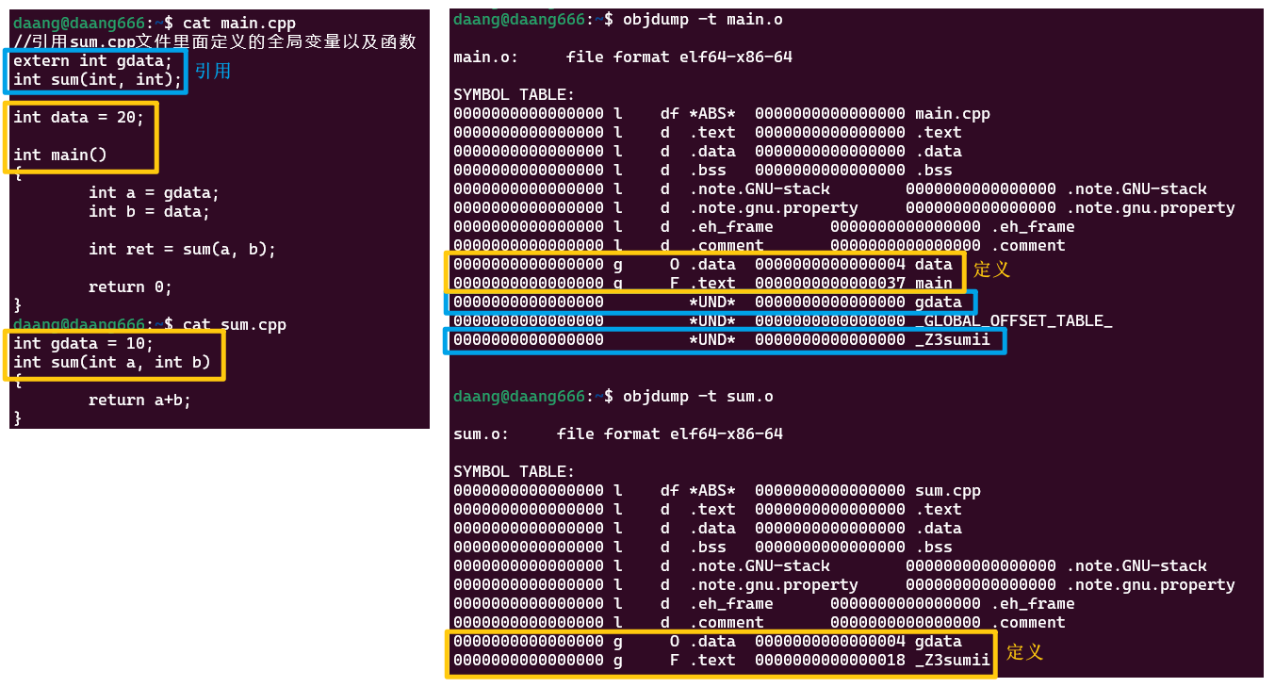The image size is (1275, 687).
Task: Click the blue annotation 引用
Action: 213,71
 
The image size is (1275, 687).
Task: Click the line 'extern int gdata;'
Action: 92,61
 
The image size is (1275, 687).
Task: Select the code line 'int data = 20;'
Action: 78,118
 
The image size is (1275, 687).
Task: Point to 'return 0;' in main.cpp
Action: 130,287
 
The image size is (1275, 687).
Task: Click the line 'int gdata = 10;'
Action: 83,344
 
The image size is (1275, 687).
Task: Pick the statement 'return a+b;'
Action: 139,401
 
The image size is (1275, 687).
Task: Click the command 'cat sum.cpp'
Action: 235,325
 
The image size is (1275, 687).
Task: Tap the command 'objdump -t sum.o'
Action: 697,397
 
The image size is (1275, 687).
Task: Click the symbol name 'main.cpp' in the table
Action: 952,114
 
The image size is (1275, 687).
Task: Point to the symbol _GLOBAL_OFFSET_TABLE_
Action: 1013,321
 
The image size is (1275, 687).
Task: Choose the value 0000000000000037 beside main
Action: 829,284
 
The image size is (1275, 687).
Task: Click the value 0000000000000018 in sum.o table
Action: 829,661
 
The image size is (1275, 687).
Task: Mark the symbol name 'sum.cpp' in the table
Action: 947,491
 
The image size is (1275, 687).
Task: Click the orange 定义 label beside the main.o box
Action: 991,270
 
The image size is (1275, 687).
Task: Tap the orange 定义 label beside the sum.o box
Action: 1024,652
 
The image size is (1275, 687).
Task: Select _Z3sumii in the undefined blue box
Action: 952,340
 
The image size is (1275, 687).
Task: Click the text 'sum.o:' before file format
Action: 481,434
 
